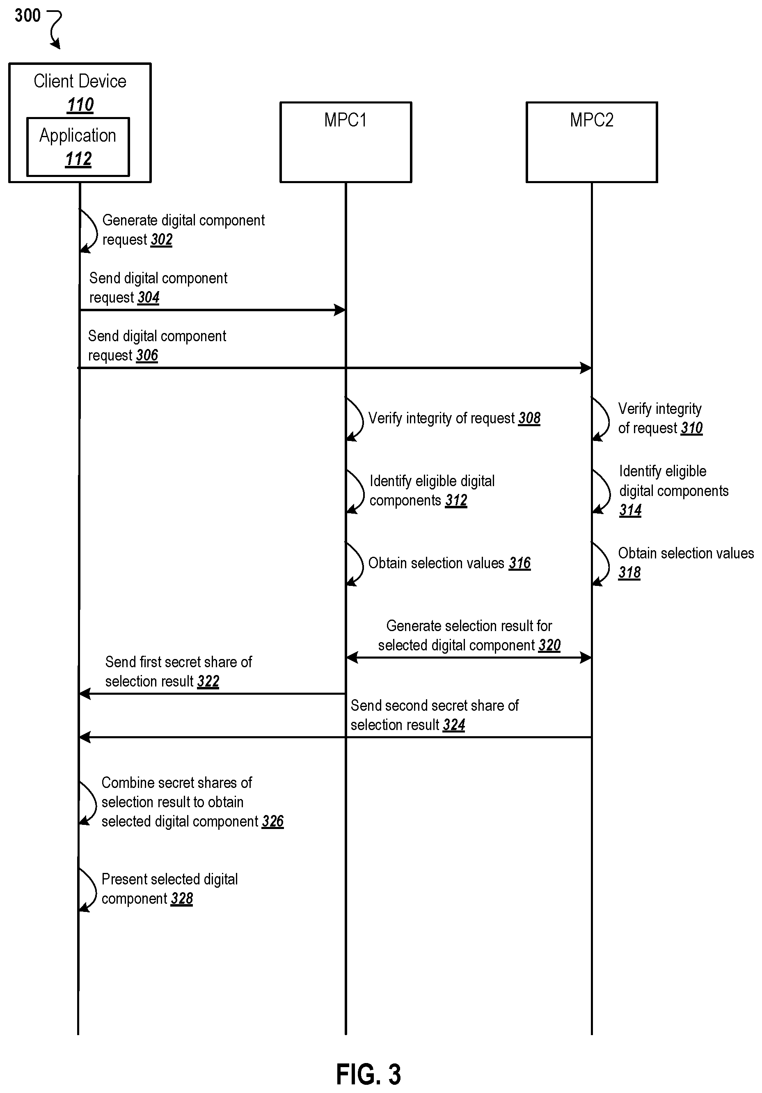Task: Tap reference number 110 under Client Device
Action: [x=80, y=105]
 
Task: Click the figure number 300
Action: [x=27, y=16]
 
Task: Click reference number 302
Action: [x=161, y=239]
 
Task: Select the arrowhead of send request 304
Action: [x=340, y=310]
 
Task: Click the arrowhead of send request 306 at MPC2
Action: [x=586, y=368]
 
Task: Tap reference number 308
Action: [x=529, y=418]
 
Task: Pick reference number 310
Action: [x=691, y=428]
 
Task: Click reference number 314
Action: [x=630, y=510]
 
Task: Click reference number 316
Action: [x=520, y=563]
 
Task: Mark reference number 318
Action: [x=629, y=573]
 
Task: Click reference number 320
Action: [x=550, y=645]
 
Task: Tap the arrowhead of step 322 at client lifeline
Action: [x=85, y=693]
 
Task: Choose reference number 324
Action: [x=454, y=725]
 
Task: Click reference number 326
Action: [x=273, y=821]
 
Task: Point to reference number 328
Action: [x=182, y=898]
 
